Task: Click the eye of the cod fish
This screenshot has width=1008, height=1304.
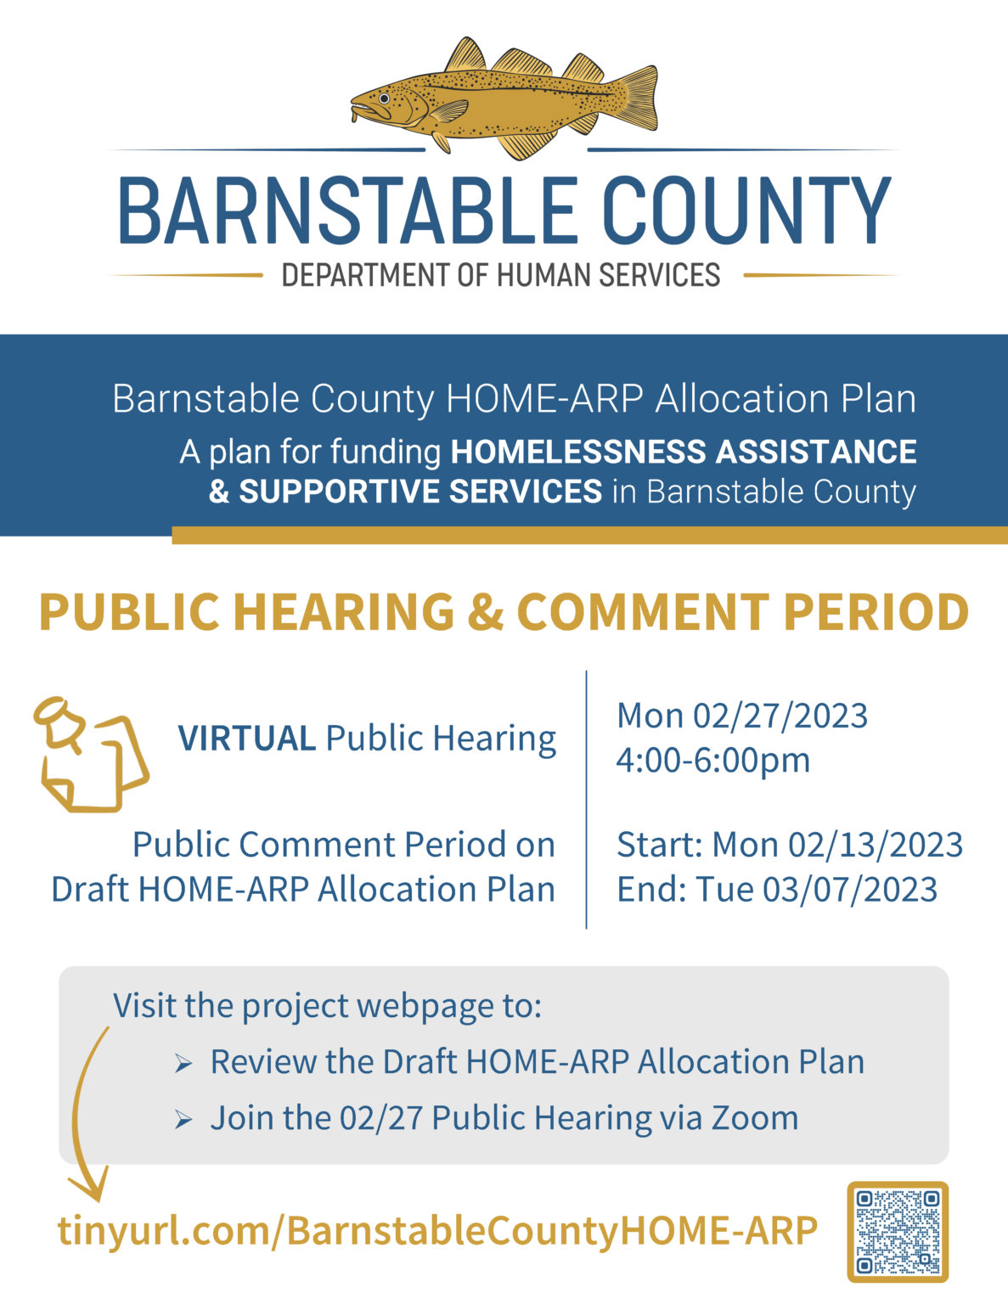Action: point(384,98)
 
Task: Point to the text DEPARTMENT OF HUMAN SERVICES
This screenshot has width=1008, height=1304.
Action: point(501,276)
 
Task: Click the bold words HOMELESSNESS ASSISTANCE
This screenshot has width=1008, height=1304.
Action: point(683,452)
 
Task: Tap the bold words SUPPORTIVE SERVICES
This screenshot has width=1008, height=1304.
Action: point(420,492)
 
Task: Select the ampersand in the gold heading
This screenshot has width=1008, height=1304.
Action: point(486,612)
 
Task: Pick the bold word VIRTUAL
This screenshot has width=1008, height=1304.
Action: point(246,739)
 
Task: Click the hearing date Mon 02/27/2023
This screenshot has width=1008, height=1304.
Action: point(742,716)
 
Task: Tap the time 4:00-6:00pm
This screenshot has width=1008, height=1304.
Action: point(712,760)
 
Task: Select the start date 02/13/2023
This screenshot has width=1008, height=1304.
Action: point(875,845)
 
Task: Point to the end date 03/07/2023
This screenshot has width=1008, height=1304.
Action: point(849,889)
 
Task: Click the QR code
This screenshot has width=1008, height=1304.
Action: point(898,1232)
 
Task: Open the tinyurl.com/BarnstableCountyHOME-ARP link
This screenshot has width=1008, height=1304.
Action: point(437,1230)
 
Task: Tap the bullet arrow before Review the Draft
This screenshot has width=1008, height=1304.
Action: point(183,1063)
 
